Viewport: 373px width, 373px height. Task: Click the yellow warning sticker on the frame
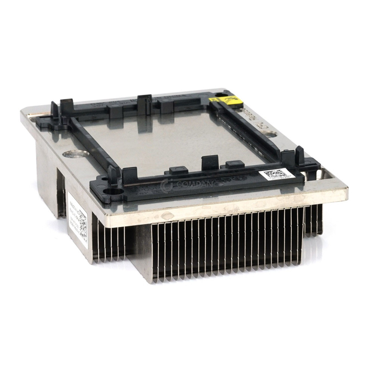(224, 100)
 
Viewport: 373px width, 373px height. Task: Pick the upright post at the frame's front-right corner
(300, 156)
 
